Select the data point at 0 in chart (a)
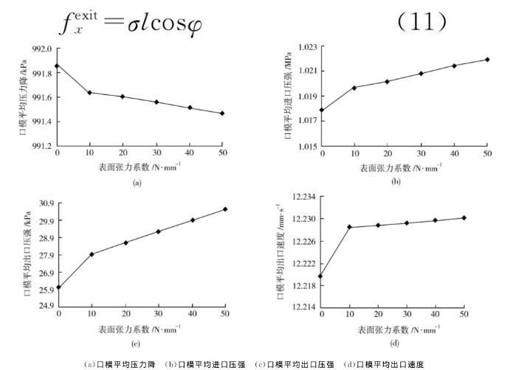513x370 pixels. click(57, 66)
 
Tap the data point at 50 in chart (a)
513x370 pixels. click(221, 114)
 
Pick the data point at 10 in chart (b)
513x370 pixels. click(354, 88)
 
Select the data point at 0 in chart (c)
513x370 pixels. click(58, 287)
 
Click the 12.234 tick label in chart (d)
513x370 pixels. click(301, 197)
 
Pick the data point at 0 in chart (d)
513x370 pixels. click(320, 276)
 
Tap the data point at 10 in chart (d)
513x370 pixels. click(349, 227)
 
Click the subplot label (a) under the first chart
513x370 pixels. click(137, 182)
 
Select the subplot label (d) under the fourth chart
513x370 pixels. click(395, 341)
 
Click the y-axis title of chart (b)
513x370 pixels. click(287, 96)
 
